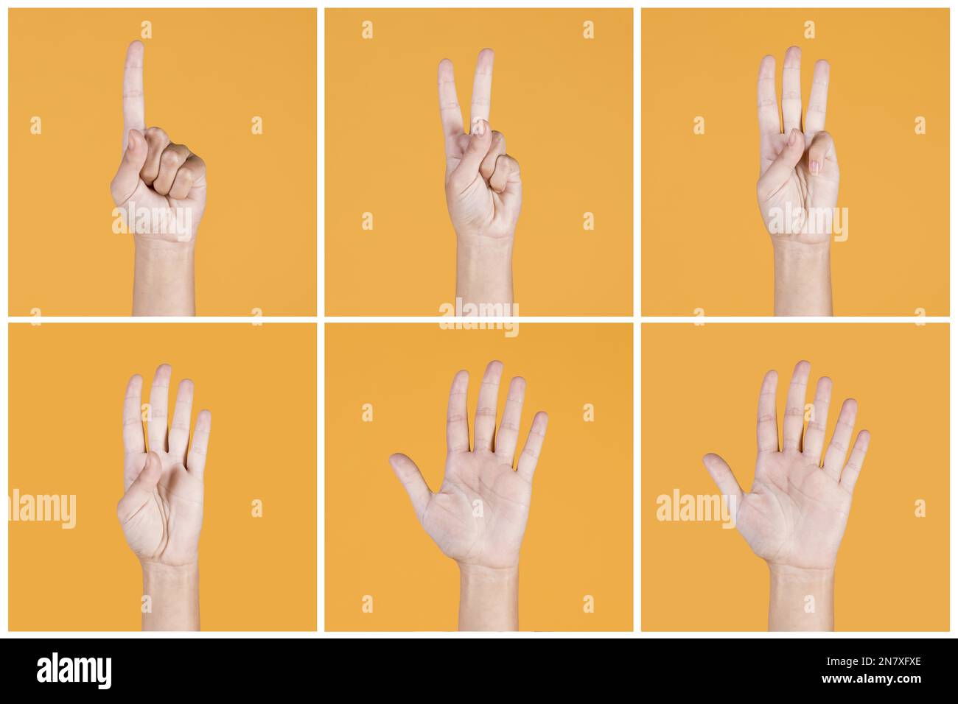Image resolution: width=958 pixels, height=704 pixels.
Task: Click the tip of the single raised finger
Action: pos(134,49)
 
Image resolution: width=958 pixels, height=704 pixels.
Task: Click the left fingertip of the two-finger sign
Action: pos(446,67)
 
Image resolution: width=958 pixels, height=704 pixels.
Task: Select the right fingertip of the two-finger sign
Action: pos(484,57)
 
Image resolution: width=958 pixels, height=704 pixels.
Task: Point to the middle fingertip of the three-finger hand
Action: pos(792,54)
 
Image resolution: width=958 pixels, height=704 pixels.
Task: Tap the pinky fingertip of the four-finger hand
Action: pos(203,418)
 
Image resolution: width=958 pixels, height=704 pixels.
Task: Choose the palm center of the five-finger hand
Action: pos(483,508)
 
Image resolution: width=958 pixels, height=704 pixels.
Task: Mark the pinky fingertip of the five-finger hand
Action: pos(540,419)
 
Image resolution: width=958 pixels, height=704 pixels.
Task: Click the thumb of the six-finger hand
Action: pos(718,471)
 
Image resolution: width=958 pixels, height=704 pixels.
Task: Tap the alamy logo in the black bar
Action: pos(74,671)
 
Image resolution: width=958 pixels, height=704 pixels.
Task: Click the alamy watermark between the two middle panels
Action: pos(479,317)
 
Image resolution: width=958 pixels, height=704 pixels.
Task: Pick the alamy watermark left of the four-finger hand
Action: pos(42,509)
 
